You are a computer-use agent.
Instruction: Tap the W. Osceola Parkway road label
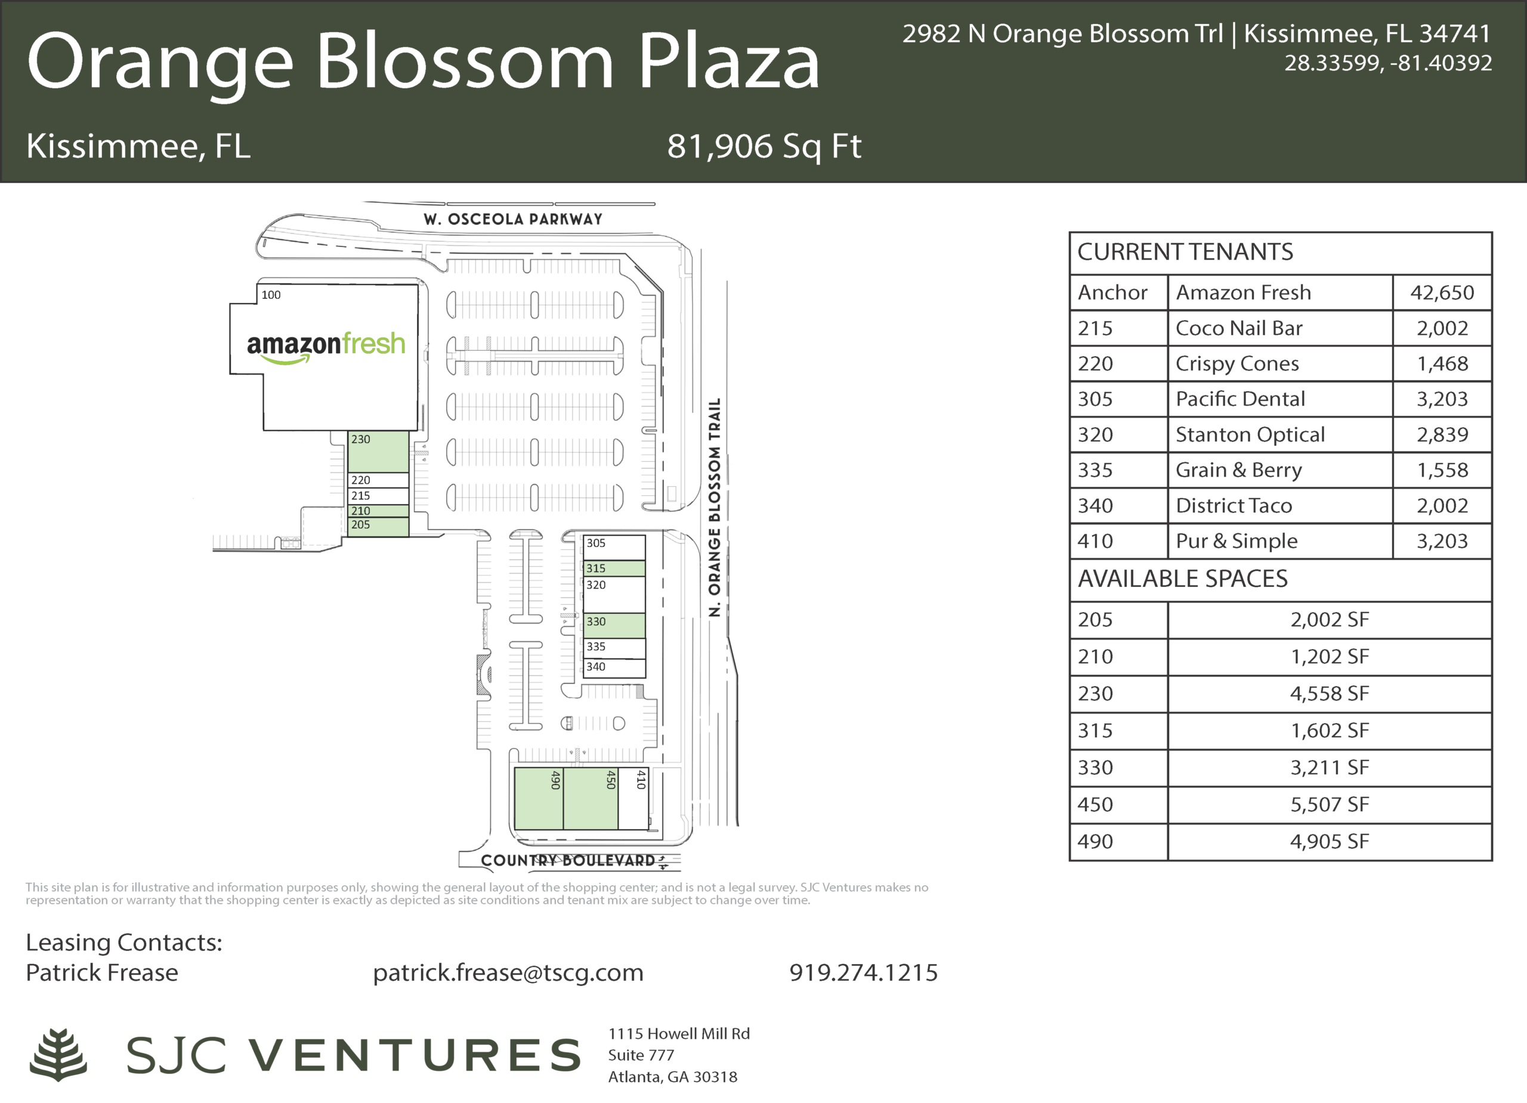(513, 219)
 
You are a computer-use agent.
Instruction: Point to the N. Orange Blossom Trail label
(715, 507)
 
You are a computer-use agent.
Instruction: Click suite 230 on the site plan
(378, 451)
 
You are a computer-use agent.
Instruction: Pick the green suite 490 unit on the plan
(539, 799)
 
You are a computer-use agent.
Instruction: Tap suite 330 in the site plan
(614, 625)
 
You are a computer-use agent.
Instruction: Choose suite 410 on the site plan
(633, 799)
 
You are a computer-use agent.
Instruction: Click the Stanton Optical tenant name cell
(1280, 434)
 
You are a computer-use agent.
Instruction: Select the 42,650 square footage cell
(1442, 292)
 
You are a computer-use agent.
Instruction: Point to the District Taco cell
(1280, 506)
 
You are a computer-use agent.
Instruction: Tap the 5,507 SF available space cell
(1330, 804)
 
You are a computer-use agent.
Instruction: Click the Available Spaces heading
(1182, 579)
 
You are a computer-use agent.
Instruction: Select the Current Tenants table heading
(1185, 252)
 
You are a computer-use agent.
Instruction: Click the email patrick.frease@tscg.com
(508, 972)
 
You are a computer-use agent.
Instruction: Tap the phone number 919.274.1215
(863, 972)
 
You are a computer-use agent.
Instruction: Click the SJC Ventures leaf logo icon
(58, 1055)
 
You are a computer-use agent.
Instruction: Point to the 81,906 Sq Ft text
(764, 146)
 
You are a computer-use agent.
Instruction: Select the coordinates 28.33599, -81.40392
(1388, 63)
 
